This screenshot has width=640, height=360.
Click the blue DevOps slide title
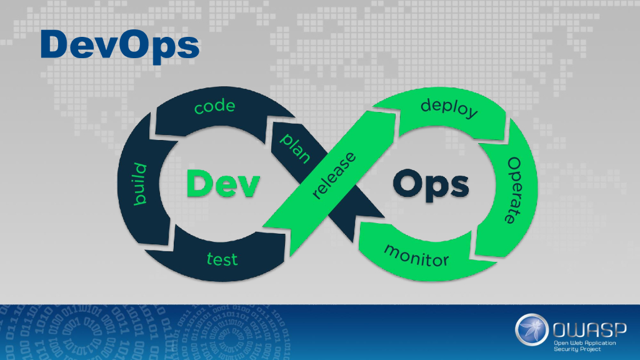[x=119, y=44]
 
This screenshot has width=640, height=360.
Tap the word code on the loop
[x=214, y=107]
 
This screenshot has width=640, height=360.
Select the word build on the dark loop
[x=141, y=186]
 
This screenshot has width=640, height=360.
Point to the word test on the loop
[x=222, y=257]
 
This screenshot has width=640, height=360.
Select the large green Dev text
[x=222, y=185]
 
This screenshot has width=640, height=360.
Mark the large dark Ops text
[x=431, y=185]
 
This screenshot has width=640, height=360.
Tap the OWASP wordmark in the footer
[x=585, y=327]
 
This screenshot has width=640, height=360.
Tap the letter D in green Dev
[x=202, y=185]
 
